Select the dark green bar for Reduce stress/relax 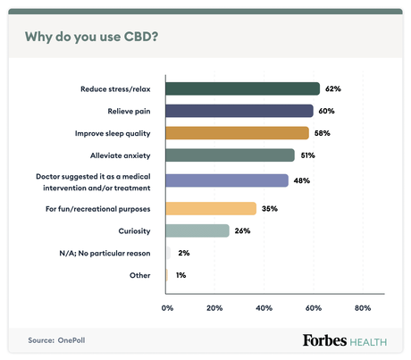click(x=243, y=88)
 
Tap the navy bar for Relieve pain click(x=239, y=111)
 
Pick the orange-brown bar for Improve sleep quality click(x=238, y=133)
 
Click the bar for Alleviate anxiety click(x=230, y=155)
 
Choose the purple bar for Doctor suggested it click(x=227, y=180)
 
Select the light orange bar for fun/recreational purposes click(x=211, y=208)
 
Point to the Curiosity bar click(x=197, y=230)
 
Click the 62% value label click(x=333, y=88)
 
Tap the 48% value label click(x=302, y=180)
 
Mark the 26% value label click(x=242, y=230)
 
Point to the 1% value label click(x=180, y=276)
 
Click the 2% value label click(x=183, y=254)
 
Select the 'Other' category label click(x=139, y=276)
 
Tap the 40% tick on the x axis click(x=264, y=307)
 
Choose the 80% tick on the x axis click(x=362, y=307)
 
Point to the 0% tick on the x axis click(x=167, y=307)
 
